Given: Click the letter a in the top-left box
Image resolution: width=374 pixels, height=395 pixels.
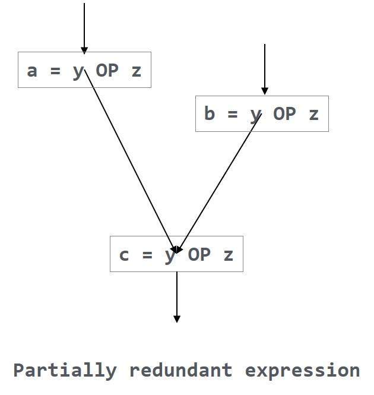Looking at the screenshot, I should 32,71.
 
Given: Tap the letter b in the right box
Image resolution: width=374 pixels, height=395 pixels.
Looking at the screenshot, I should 210,113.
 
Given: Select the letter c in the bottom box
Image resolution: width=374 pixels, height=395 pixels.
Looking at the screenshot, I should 124,255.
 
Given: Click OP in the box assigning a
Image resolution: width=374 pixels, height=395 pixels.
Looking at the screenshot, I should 107,71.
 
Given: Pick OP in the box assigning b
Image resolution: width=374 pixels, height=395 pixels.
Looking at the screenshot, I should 284,113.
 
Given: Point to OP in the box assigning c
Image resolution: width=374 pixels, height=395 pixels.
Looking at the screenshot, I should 199,255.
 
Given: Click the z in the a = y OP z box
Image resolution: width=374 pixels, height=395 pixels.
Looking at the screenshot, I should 137,71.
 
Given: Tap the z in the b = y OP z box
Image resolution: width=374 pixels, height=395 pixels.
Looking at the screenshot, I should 314,113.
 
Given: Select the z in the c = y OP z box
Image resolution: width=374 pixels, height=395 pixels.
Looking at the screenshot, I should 229,255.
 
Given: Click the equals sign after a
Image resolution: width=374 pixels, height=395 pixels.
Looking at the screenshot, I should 55,71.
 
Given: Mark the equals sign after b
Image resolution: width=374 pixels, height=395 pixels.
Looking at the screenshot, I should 233,113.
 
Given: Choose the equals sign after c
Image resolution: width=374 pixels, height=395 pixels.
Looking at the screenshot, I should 147,255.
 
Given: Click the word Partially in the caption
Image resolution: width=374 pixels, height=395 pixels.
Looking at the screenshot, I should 65,371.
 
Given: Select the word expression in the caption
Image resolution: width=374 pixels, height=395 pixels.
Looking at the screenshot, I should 302,371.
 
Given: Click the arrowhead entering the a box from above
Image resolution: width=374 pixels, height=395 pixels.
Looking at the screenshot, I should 84,50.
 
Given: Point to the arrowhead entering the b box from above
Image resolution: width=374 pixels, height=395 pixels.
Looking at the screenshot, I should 265,91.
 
